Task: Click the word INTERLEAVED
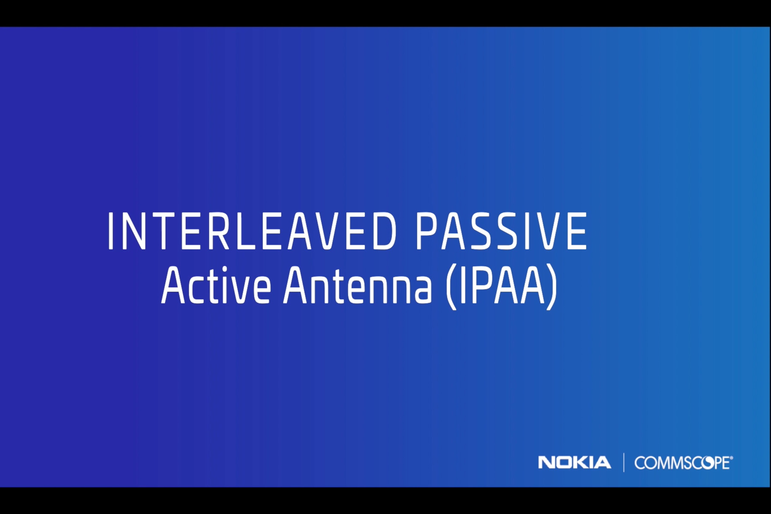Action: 252,231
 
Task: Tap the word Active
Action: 216,285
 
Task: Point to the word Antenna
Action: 357,285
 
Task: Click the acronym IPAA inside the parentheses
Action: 501,285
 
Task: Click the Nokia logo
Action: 574,463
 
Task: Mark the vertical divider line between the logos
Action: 624,463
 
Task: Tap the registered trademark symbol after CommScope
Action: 731,458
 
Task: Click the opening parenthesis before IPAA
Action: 451,287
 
